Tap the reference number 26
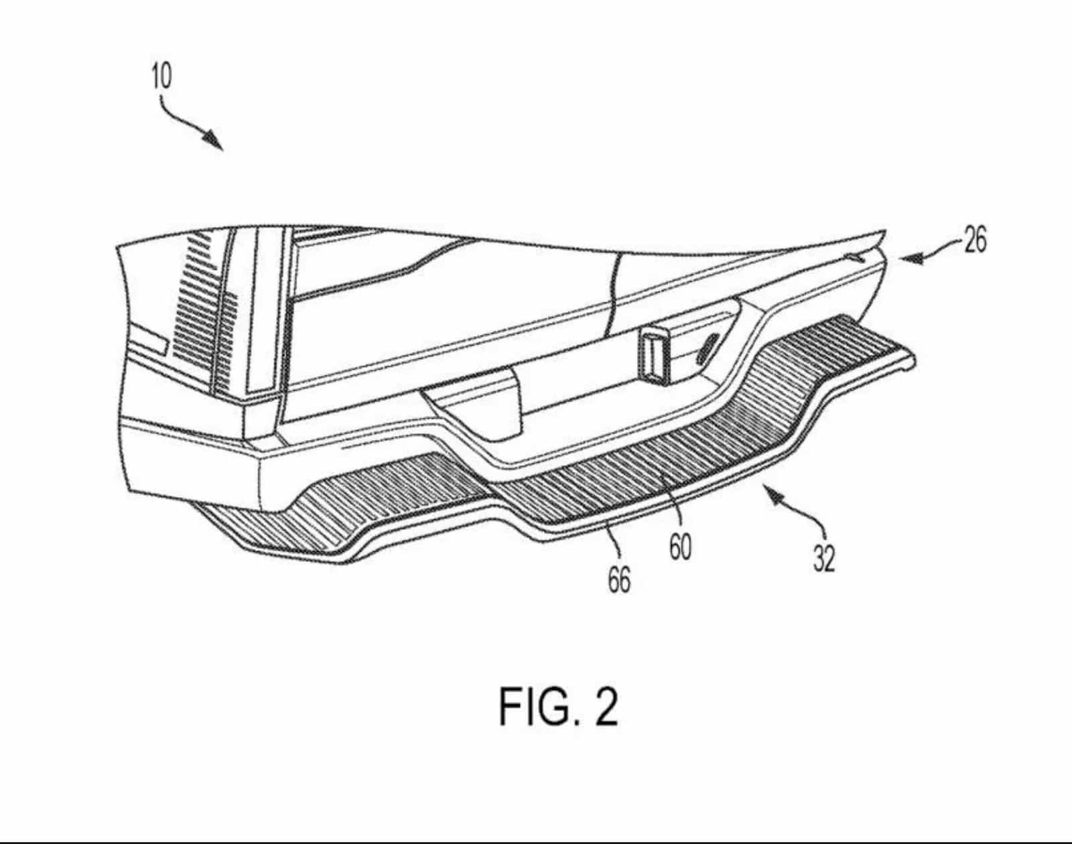click(975, 240)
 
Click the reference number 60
click(681, 547)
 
